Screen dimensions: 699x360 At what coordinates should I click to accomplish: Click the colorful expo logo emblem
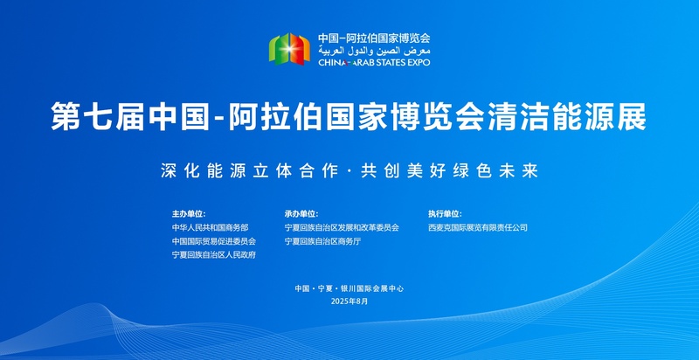point(289,49)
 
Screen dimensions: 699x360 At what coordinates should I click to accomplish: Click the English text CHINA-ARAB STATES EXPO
point(374,62)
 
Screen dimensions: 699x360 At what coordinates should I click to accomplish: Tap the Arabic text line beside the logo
point(374,50)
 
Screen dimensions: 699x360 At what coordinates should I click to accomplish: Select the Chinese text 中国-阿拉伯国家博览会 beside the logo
point(374,38)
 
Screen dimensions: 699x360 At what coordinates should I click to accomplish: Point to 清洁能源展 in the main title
point(566,117)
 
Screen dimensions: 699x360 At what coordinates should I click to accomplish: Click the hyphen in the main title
point(219,118)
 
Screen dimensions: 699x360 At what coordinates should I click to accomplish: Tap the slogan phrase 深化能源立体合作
point(250,171)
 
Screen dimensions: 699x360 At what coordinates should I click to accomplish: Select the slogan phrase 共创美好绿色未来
point(450,171)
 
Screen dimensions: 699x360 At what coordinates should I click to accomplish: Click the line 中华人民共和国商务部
point(210,228)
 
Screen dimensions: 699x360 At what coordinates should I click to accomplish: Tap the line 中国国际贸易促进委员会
point(214,241)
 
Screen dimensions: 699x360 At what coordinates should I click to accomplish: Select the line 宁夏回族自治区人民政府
point(214,255)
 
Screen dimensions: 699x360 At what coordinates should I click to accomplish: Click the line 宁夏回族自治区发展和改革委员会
point(342,228)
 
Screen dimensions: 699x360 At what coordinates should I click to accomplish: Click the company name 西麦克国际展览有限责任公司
point(478,228)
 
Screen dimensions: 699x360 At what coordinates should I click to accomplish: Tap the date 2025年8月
point(349,301)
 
